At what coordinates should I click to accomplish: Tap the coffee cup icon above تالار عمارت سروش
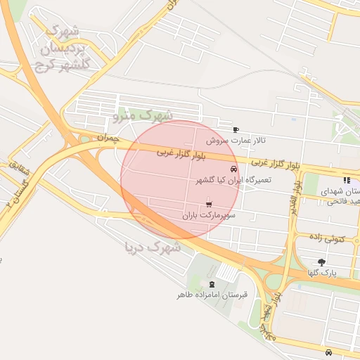[x=236, y=129]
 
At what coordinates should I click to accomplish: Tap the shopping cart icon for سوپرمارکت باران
[x=207, y=204]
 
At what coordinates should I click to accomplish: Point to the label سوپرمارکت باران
[x=208, y=214]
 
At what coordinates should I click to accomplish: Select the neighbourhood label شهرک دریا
[x=153, y=247]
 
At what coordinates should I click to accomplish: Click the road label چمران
[x=108, y=137]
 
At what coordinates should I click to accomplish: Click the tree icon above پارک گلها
[x=322, y=262]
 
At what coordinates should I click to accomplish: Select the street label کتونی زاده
[x=327, y=239]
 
